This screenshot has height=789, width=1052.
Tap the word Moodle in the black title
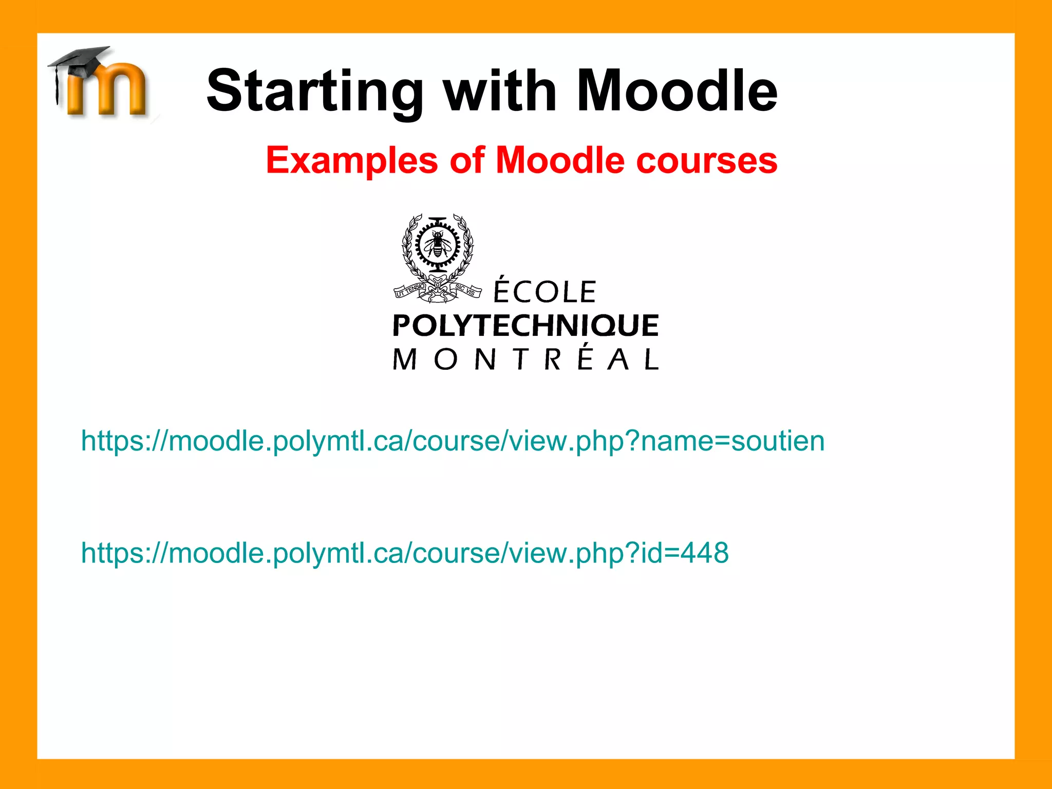tap(677, 91)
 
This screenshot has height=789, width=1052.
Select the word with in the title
tap(501, 91)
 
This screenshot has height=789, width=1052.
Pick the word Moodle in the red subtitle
tap(560, 160)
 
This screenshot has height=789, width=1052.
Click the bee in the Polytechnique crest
tap(437, 243)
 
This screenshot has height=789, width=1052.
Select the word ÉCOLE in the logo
tap(544, 291)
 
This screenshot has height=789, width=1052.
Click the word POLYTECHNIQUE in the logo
tap(525, 326)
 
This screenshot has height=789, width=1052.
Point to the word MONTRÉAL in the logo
tap(525, 359)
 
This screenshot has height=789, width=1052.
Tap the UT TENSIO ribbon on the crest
tap(410, 290)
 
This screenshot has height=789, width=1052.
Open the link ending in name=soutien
tap(453, 441)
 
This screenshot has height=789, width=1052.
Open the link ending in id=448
tap(405, 553)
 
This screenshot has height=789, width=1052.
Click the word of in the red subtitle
tap(467, 160)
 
